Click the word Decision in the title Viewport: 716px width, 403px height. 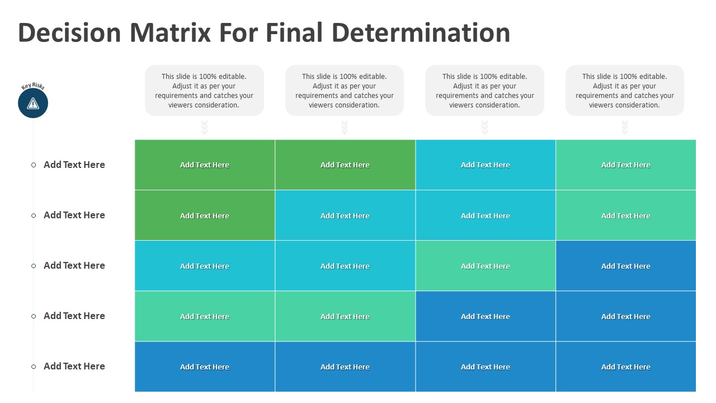click(69, 32)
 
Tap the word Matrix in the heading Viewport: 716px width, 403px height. click(171, 32)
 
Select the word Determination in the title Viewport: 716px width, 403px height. click(421, 32)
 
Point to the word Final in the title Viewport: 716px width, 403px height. click(294, 32)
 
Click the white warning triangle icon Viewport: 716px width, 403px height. click(33, 104)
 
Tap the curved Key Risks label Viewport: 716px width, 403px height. click(32, 86)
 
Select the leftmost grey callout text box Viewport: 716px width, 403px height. click(204, 91)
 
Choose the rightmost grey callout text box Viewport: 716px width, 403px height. click(625, 91)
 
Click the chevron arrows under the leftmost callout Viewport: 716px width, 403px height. click(204, 127)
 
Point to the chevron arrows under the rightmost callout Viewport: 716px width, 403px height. click(625, 127)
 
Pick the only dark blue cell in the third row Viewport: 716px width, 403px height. click(626, 266)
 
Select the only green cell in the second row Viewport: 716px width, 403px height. click(205, 215)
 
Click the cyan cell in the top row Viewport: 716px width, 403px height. click(486, 165)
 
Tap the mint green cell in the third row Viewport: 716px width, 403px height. click(486, 266)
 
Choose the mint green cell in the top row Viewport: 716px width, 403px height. click(626, 165)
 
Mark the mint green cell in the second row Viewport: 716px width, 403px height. click(626, 215)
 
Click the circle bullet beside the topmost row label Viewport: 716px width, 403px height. click(34, 165)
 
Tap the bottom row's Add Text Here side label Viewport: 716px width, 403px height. click(74, 366)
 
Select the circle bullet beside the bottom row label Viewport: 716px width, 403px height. click(34, 367)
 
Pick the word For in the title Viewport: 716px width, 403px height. click(238, 32)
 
